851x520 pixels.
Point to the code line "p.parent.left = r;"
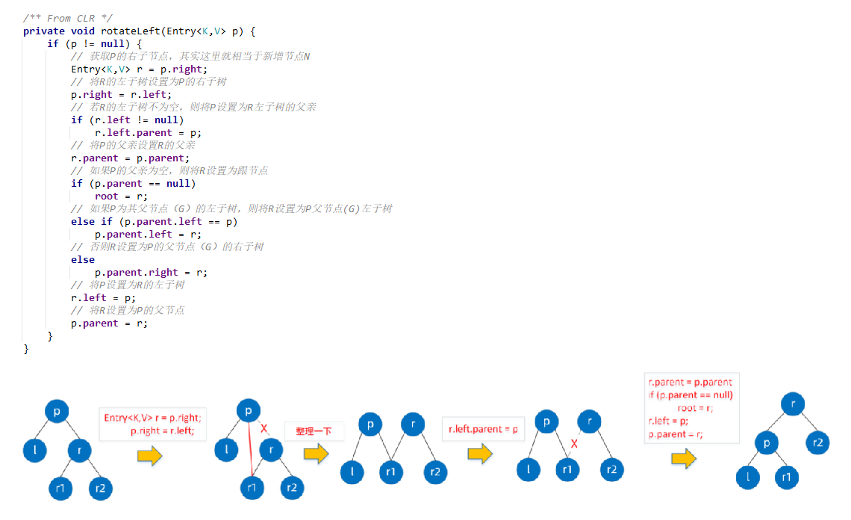[148, 234]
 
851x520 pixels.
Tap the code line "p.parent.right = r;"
[151, 272]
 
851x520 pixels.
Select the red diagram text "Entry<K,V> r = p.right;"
[152, 418]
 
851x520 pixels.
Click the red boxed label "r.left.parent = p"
[483, 430]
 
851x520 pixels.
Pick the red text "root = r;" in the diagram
[695, 408]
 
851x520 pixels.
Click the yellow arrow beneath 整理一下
[316, 453]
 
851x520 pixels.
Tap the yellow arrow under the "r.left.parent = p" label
[480, 453]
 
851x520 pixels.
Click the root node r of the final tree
[793, 404]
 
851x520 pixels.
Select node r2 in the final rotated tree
[817, 442]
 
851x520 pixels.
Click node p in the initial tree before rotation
[57, 411]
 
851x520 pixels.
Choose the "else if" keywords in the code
[91, 221]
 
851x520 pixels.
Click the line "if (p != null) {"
[94, 43]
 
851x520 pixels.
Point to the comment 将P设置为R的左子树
[128, 285]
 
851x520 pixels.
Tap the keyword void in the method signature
[84, 31]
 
